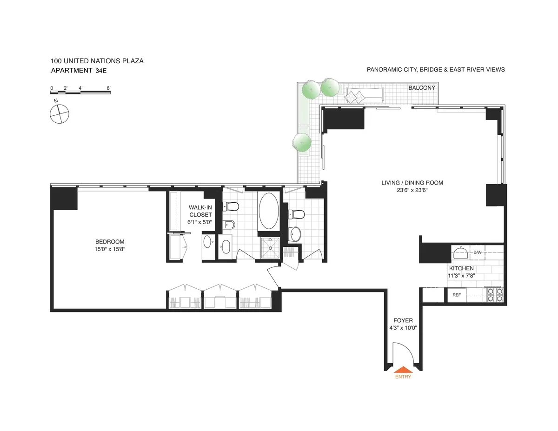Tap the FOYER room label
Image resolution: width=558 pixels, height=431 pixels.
coord(403,320)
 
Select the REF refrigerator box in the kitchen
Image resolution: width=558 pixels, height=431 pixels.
coord(456,295)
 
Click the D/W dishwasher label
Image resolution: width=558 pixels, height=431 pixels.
coord(477,252)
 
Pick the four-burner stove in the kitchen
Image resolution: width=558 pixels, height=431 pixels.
coord(494,295)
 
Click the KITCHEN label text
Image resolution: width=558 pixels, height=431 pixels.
coord(461,268)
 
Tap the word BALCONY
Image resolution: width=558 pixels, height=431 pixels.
coord(422,88)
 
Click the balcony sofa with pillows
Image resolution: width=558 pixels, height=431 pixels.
coord(364,95)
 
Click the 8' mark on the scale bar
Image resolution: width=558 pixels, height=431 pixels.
coord(108,87)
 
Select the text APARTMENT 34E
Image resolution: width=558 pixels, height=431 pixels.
coord(81,71)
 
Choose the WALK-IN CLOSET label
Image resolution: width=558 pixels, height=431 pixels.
coord(200,211)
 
